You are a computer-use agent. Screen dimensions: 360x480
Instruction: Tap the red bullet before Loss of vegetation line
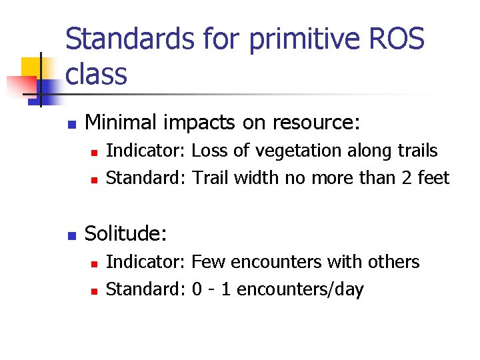pos(95,153)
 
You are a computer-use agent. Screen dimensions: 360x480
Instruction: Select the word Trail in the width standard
pos(211,178)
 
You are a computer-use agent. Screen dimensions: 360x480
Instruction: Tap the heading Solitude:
pos(126,233)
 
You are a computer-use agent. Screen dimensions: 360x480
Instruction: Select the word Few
pos(207,262)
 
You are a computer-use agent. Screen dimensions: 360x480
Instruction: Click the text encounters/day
pos(300,290)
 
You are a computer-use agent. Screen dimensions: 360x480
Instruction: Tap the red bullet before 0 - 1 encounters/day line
pos(95,291)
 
